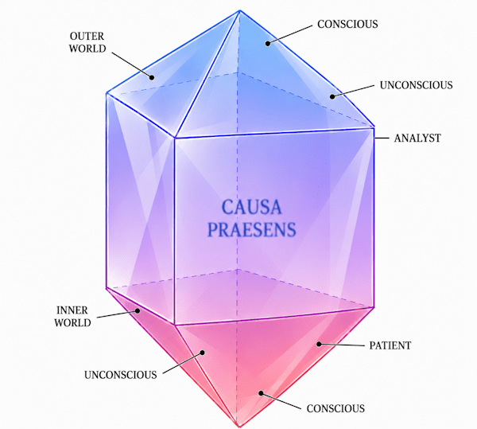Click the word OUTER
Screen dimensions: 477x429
click(87, 37)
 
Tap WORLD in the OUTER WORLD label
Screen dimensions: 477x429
click(87, 49)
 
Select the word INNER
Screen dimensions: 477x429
click(72, 310)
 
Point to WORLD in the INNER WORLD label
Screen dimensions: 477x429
click(72, 322)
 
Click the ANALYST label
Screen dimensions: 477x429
click(417, 138)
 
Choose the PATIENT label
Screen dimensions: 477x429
click(390, 345)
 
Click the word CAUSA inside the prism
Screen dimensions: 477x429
click(251, 208)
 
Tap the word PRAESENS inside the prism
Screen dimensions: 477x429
click(251, 229)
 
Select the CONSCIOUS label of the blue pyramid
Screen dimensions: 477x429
click(347, 25)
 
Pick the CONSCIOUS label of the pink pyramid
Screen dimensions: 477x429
click(335, 408)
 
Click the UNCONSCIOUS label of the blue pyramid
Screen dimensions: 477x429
click(416, 85)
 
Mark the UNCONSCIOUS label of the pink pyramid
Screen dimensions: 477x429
click(121, 375)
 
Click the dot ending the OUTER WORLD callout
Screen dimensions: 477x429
click(152, 77)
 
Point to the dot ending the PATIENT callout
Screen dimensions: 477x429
click(319, 344)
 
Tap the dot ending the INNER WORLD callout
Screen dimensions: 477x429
click(138, 311)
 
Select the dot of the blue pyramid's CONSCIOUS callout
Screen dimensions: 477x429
click(268, 43)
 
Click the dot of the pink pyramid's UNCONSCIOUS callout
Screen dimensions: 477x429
click(202, 353)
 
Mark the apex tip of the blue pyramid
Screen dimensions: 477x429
click(240, 10)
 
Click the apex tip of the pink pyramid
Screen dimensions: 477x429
click(238, 426)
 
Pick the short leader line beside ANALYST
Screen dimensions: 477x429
click(381, 138)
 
